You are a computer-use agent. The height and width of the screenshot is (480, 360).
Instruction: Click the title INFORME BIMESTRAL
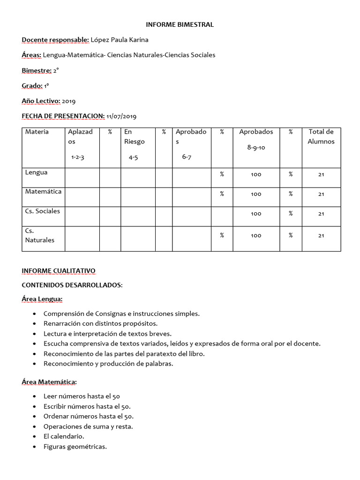(180, 24)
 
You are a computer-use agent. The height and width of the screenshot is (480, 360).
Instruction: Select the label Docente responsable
(55, 40)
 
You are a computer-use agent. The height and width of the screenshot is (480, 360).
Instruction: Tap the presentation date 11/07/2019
(121, 116)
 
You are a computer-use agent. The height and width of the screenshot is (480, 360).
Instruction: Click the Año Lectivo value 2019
(68, 101)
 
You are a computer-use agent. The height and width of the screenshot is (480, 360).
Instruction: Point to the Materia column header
(37, 132)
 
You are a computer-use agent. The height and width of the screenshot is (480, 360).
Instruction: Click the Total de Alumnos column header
(321, 136)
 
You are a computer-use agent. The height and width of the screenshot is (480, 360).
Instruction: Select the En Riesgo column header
(134, 136)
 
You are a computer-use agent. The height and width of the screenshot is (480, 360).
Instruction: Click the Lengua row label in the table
(36, 172)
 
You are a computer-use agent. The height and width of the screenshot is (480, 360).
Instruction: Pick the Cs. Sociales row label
(42, 211)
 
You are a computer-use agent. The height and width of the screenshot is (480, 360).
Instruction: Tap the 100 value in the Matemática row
(256, 194)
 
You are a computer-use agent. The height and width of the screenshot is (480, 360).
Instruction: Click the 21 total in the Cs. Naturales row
(321, 236)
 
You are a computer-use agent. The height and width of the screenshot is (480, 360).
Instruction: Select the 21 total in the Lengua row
(321, 174)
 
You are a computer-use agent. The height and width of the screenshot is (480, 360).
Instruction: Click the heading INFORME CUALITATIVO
(59, 271)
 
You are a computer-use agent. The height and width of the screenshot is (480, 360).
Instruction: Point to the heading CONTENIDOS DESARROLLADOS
(71, 285)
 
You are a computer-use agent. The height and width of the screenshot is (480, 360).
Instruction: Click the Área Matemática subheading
(49, 382)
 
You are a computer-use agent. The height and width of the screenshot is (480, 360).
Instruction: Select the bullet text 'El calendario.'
(64, 436)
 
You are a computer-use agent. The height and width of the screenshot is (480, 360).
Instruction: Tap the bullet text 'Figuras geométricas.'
(75, 446)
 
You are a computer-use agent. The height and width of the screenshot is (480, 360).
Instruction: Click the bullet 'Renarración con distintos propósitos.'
(100, 324)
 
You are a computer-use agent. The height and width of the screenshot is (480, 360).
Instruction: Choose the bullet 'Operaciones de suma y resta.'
(88, 427)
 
